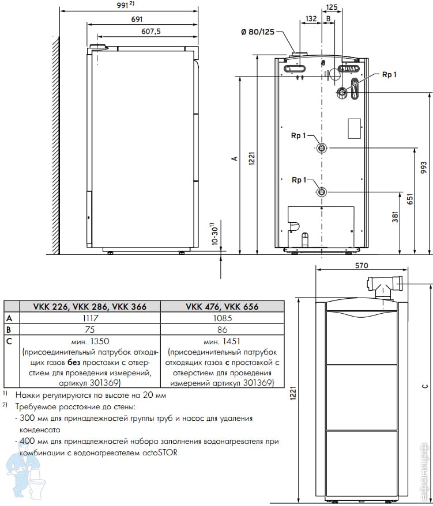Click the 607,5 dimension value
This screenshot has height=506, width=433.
click(151, 31)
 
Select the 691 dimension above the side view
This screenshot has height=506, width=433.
click(137, 20)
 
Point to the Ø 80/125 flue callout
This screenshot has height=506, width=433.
click(258, 32)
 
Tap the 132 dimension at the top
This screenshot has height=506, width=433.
click(311, 19)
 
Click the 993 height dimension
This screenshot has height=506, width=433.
click(424, 168)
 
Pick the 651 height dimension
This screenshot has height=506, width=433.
click(410, 199)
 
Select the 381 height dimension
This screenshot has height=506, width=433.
click(395, 216)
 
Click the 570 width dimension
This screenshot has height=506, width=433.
click(362, 265)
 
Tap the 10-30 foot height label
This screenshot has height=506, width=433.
click(216, 234)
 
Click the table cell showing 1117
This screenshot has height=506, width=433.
click(90, 318)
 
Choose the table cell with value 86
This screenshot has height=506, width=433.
click(223, 329)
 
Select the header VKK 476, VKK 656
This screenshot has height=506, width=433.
click(223, 306)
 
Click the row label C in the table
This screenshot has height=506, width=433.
click(9, 341)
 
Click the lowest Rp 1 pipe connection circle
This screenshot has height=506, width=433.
click(322, 192)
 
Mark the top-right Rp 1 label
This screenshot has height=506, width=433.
click(389, 74)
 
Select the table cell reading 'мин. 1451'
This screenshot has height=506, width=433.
click(222, 341)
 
